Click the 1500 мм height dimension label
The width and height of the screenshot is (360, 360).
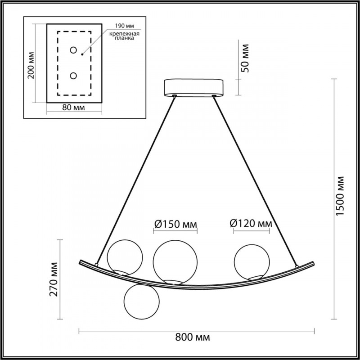341,196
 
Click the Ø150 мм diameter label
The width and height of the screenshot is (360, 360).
175,224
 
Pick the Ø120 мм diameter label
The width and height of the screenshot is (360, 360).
251,224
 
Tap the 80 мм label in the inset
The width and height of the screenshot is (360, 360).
73,108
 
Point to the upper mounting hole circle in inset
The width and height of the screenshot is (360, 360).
73,50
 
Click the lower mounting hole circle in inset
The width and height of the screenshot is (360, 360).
73,76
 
